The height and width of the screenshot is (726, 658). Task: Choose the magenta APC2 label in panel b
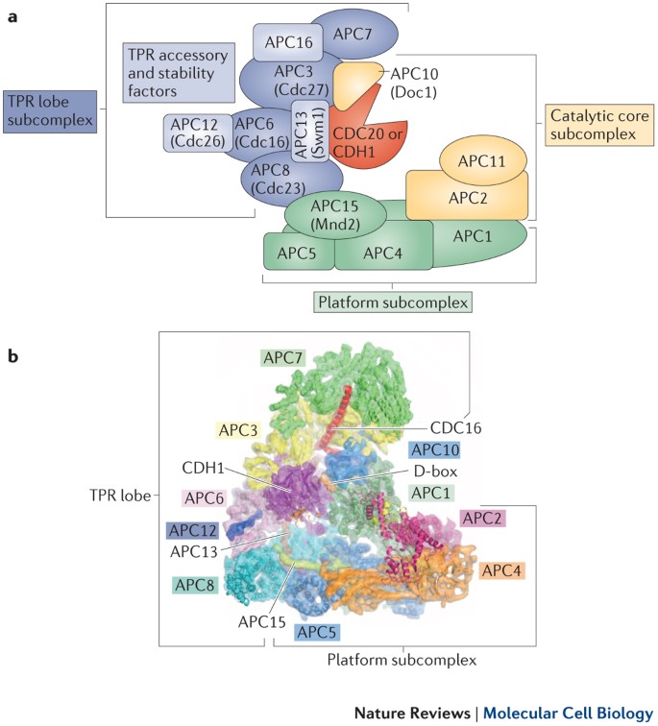(x=482, y=518)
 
